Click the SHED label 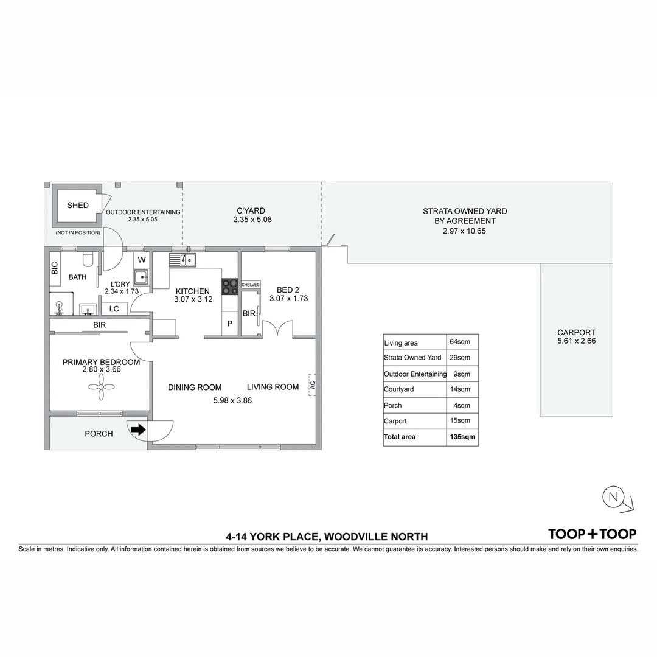click(x=78, y=206)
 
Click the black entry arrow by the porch click(x=139, y=429)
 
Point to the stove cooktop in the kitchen click(x=229, y=286)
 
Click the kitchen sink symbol click(x=182, y=260)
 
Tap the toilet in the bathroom click(x=88, y=260)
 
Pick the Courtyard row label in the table click(x=399, y=389)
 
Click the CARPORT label click(x=576, y=332)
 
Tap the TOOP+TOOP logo click(x=592, y=534)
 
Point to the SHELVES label click(x=251, y=285)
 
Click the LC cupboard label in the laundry click(x=114, y=309)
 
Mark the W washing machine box click(x=142, y=259)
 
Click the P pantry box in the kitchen click(x=229, y=324)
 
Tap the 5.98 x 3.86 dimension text click(x=232, y=400)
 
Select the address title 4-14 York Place click(x=327, y=537)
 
